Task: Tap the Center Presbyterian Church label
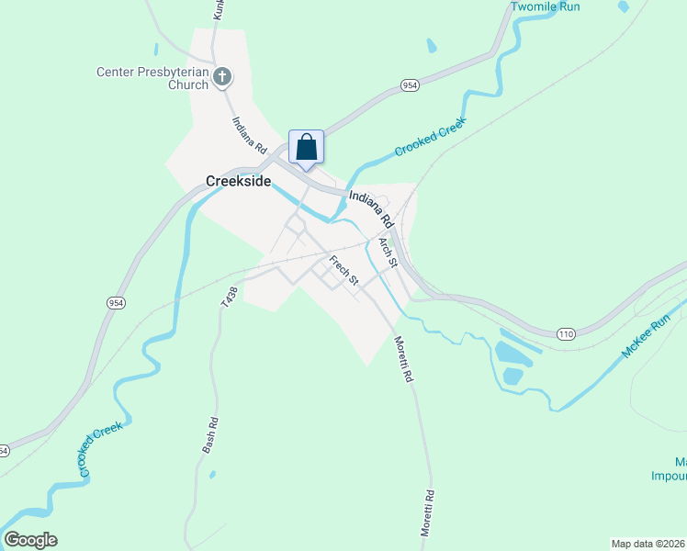coord(153,78)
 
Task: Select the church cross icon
coord(222,77)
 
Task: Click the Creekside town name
coord(238,181)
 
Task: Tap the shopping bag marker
coord(306,147)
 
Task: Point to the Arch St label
coord(387,251)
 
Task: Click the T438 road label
coord(230,297)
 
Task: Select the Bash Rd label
coord(210,435)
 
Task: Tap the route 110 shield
coord(565,334)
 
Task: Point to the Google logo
coord(30,540)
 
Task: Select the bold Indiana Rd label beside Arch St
coord(371,208)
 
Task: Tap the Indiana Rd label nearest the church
coord(249,135)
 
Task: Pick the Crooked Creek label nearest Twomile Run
coord(430,136)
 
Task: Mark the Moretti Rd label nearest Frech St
coord(404,357)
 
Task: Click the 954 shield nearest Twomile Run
coord(410,85)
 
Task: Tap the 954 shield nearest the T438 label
coord(116,302)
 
